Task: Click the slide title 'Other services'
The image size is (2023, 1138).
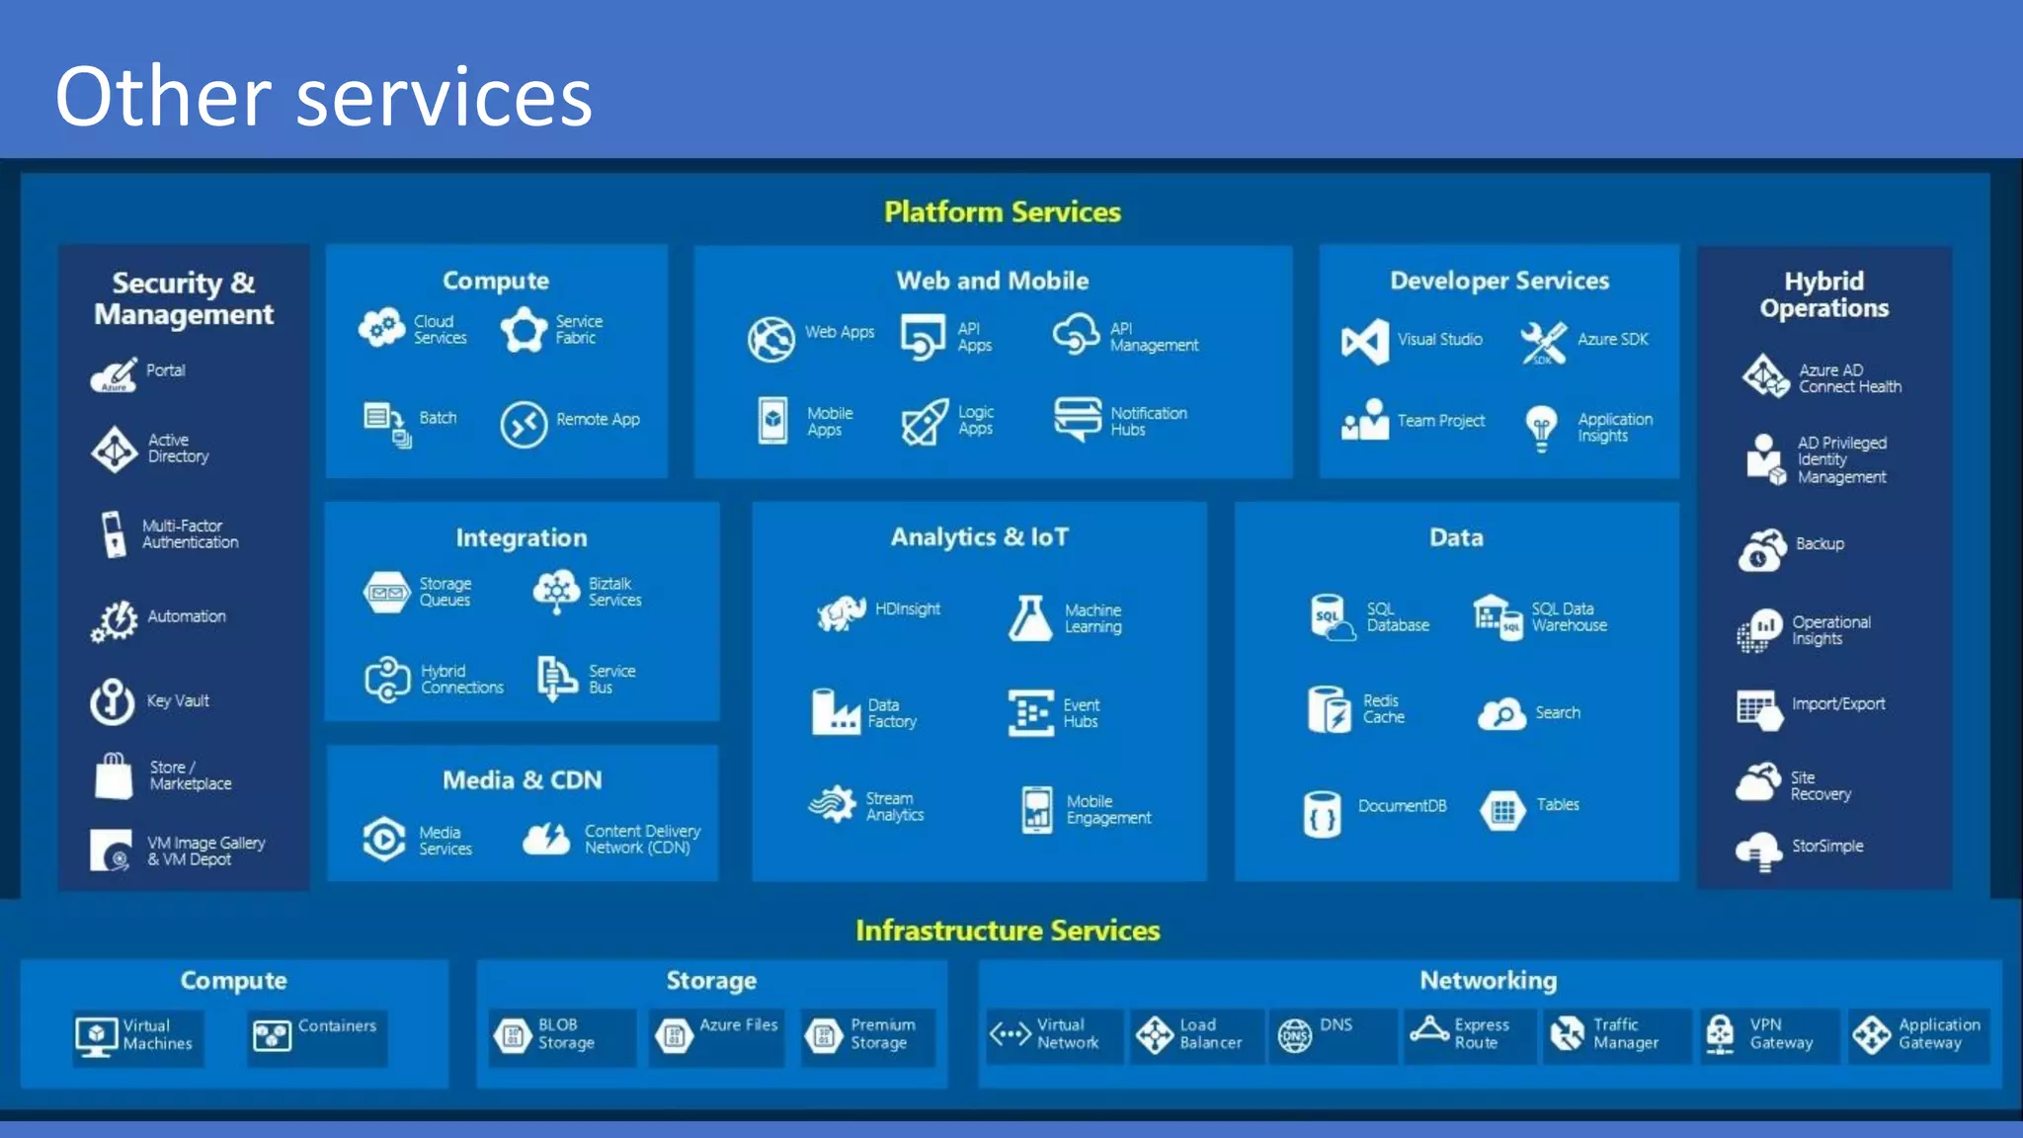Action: coord(323,96)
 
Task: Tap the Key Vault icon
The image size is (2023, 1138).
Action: coord(113,701)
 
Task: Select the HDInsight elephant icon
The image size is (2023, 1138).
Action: coord(841,612)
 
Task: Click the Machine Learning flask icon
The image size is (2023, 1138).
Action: coord(1030,618)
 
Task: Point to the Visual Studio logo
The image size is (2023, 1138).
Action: coord(1365,342)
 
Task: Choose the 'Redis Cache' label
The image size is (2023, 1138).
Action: coord(1383,709)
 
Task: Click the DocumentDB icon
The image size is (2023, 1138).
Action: coord(1322,814)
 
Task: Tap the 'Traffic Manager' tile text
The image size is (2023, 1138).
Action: coord(1625,1034)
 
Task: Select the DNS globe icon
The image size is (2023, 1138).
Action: coord(1295,1034)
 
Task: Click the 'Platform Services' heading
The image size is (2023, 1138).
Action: coord(1002,212)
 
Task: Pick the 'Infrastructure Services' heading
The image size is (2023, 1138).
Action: coord(1008,931)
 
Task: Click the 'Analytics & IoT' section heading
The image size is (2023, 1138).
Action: coord(979,537)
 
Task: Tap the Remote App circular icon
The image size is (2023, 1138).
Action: coord(524,425)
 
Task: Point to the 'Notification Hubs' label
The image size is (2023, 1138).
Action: coord(1148,421)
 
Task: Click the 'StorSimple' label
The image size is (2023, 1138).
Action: coord(1827,847)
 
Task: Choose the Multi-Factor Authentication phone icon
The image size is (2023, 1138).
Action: coord(114,534)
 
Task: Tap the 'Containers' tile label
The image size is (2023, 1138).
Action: coord(337,1026)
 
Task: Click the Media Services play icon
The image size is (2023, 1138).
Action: coord(384,840)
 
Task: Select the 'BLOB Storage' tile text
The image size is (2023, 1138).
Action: coord(566,1034)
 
